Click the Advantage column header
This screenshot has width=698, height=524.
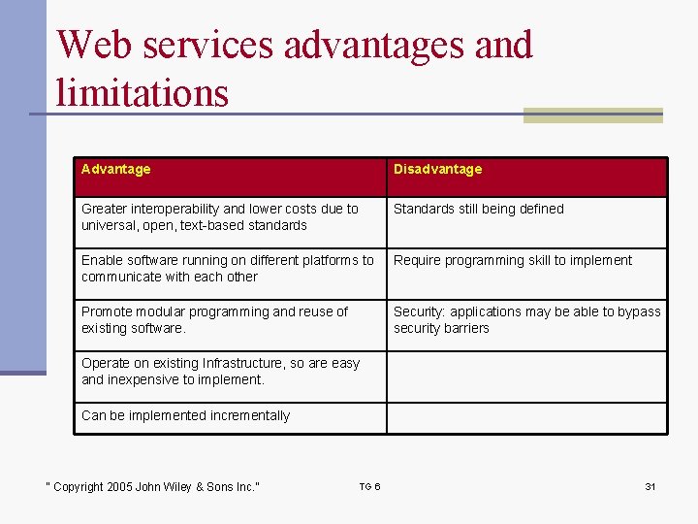click(116, 170)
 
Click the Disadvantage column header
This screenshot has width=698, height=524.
click(437, 170)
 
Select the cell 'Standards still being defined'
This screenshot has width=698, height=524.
click(478, 210)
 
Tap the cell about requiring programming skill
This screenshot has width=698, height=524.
click(512, 261)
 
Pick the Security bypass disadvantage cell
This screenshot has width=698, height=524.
click(526, 320)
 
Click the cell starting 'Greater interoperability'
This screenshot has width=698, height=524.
click(219, 217)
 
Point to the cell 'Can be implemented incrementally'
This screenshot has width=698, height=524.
click(185, 416)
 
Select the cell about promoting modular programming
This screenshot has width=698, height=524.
click(214, 320)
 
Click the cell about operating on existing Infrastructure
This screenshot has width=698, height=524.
click(220, 372)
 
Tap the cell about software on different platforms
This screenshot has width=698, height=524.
click(227, 269)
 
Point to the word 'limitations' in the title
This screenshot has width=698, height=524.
click(142, 93)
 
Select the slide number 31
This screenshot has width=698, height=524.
click(650, 486)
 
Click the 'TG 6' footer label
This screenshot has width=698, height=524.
click(369, 486)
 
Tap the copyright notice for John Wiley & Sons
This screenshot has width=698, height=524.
click(153, 487)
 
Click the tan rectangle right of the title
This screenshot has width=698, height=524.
click(592, 115)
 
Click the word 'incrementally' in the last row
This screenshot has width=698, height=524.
click(246, 416)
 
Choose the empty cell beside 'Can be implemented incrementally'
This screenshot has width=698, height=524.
click(526, 417)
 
